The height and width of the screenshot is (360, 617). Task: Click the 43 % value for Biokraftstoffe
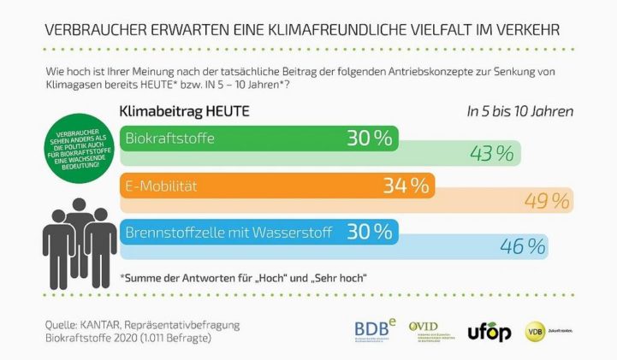(492, 154)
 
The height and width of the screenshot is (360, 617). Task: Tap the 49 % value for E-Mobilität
(547, 201)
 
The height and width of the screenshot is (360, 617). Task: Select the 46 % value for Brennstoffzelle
(523, 247)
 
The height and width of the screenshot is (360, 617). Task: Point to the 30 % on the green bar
(369, 139)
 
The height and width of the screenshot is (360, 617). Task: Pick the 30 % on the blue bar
(369, 231)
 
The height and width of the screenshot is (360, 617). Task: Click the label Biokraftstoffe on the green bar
(170, 139)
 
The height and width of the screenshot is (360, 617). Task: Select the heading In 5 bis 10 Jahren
(519, 111)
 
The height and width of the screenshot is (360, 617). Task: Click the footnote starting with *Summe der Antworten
(244, 277)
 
